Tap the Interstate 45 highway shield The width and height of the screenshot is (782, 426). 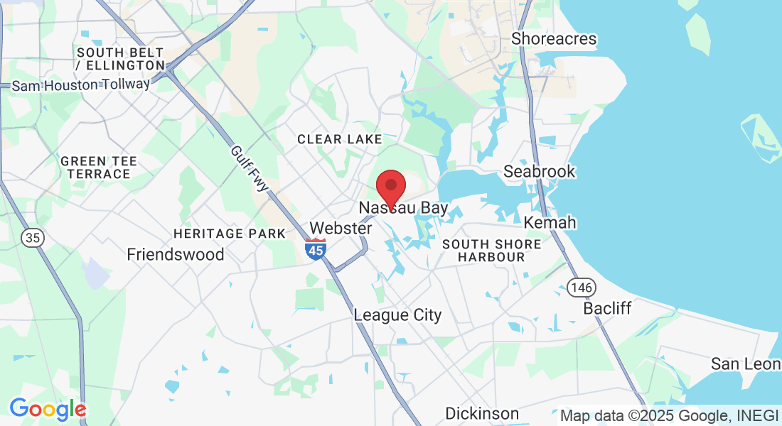tap(316, 248)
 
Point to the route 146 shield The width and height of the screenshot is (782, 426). tap(582, 287)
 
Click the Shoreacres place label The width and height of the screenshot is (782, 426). tap(554, 39)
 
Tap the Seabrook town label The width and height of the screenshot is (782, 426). tap(539, 172)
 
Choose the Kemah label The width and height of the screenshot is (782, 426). tap(550, 223)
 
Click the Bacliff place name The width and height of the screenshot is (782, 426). tap(607, 309)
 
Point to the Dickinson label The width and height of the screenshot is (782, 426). tap(482, 413)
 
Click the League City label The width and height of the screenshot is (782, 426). tap(397, 315)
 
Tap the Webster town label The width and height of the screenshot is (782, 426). tap(341, 229)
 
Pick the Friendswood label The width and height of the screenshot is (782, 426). tap(176, 254)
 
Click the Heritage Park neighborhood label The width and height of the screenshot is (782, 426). tap(230, 234)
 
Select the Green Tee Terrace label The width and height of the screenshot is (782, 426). tap(100, 168)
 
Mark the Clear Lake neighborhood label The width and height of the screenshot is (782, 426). tap(340, 139)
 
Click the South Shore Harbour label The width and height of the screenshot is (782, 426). tap(491, 250)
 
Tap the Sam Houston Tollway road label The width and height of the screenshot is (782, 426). tap(81, 84)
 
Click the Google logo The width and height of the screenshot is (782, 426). tap(48, 409)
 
